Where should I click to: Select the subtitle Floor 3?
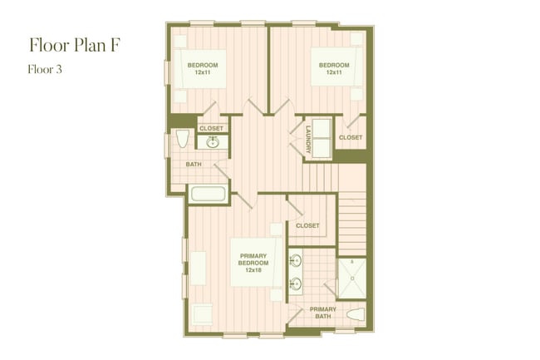(x=46, y=70)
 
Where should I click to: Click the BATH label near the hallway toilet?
(x=194, y=164)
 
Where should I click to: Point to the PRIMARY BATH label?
(x=323, y=313)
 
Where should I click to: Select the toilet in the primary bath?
(x=355, y=317)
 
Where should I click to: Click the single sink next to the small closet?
(x=213, y=143)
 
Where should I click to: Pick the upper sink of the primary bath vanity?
(x=295, y=260)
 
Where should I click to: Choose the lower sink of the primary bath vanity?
(x=295, y=284)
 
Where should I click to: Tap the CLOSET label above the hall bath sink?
(x=211, y=128)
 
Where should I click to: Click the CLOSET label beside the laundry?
(x=351, y=137)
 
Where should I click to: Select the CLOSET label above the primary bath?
(x=307, y=225)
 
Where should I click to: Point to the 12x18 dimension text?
(x=253, y=270)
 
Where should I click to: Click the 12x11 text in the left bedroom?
(x=202, y=72)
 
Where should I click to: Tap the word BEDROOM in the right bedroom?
(x=334, y=64)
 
